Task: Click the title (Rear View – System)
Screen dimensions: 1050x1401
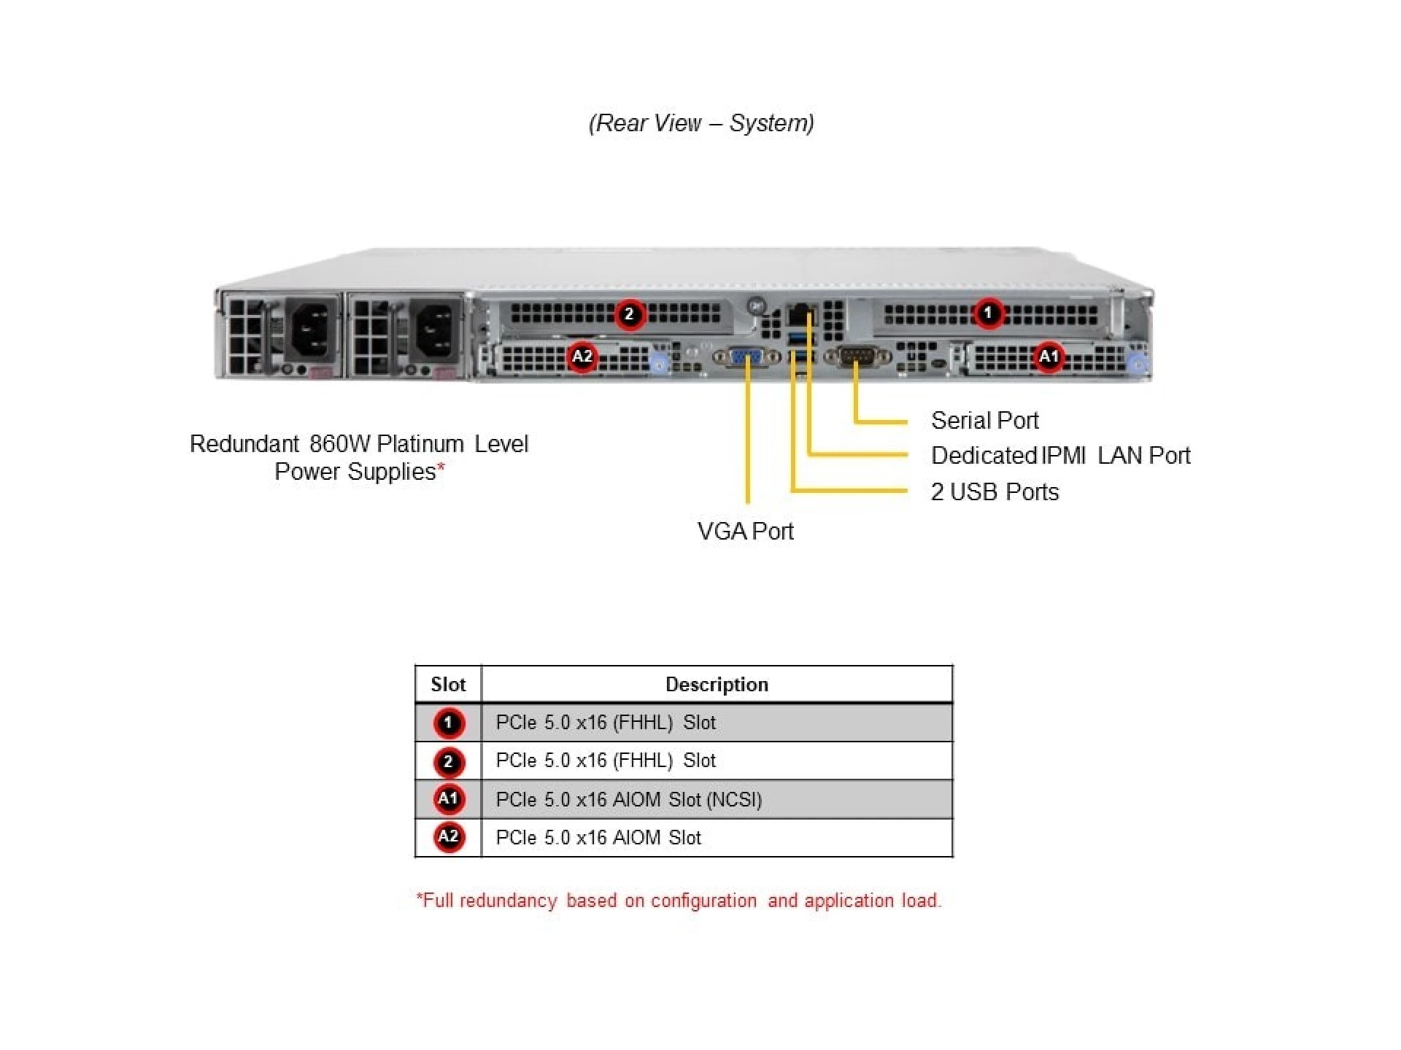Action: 701,122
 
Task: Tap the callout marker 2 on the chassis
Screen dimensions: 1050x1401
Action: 629,314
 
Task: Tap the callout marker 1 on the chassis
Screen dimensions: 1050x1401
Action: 988,314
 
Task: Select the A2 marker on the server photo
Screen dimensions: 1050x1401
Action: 582,357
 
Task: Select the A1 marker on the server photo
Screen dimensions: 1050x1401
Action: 1049,357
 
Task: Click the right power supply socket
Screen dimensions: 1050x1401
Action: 436,330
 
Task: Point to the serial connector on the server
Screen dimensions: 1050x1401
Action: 856,357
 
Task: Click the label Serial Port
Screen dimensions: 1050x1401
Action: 984,421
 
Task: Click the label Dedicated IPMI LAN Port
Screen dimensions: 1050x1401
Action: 1060,456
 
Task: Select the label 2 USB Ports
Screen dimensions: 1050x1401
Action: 995,492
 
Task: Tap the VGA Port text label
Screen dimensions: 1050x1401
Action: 745,532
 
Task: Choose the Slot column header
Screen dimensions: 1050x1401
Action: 448,685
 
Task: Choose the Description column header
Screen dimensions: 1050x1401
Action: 717,685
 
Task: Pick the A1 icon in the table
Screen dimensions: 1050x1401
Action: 448,799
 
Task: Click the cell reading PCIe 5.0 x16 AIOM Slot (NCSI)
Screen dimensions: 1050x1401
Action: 629,800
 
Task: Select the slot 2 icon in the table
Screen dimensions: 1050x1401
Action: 448,761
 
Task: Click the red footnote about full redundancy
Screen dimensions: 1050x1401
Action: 679,901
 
